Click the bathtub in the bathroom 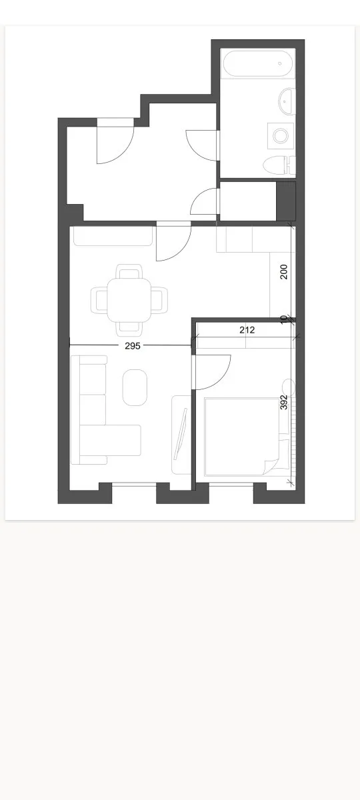[258, 63]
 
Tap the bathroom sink [287, 101]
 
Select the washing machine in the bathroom [281, 136]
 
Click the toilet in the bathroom [279, 166]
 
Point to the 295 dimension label [133, 346]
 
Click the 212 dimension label [247, 330]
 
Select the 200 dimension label [284, 272]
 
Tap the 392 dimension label [284, 403]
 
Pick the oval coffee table [135, 387]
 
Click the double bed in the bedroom [247, 437]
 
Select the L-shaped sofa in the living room [106, 409]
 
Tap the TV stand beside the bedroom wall [181, 435]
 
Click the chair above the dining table [129, 271]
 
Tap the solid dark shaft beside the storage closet [287, 201]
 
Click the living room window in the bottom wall [134, 484]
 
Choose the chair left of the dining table [99, 301]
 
